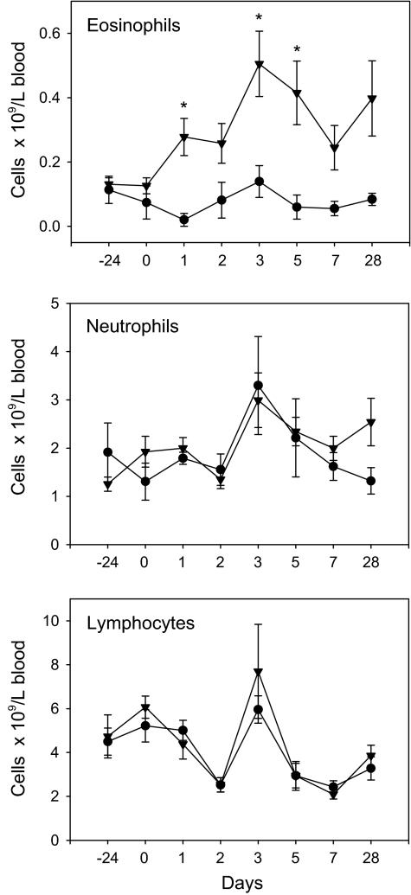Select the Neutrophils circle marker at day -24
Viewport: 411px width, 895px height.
click(108, 452)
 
